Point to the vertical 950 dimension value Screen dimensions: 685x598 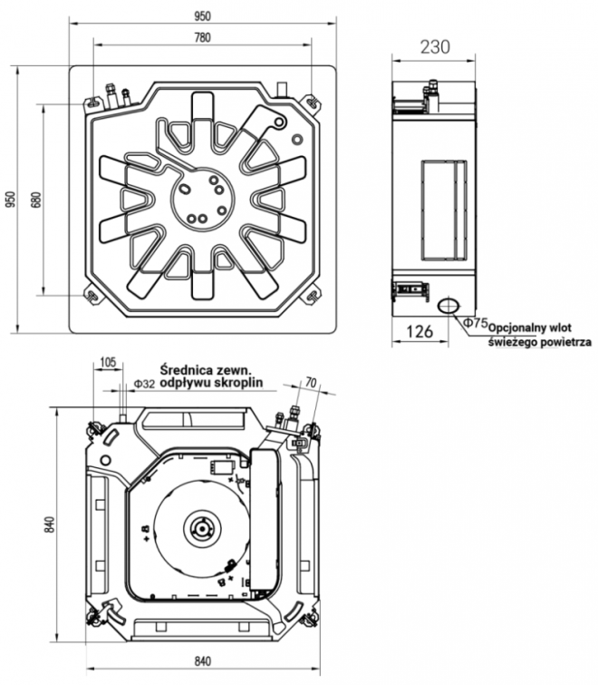pyautogui.click(x=10, y=199)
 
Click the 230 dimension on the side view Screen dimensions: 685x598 pyautogui.click(x=435, y=47)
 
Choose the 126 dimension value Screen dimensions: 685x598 pyautogui.click(x=418, y=332)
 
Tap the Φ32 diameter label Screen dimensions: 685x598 pyautogui.click(x=143, y=385)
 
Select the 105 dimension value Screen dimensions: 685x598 pyautogui.click(x=108, y=363)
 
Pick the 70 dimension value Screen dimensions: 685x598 pyautogui.click(x=311, y=384)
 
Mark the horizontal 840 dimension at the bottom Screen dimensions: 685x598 pyautogui.click(x=202, y=661)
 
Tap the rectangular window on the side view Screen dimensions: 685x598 pyautogui.click(x=444, y=208)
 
